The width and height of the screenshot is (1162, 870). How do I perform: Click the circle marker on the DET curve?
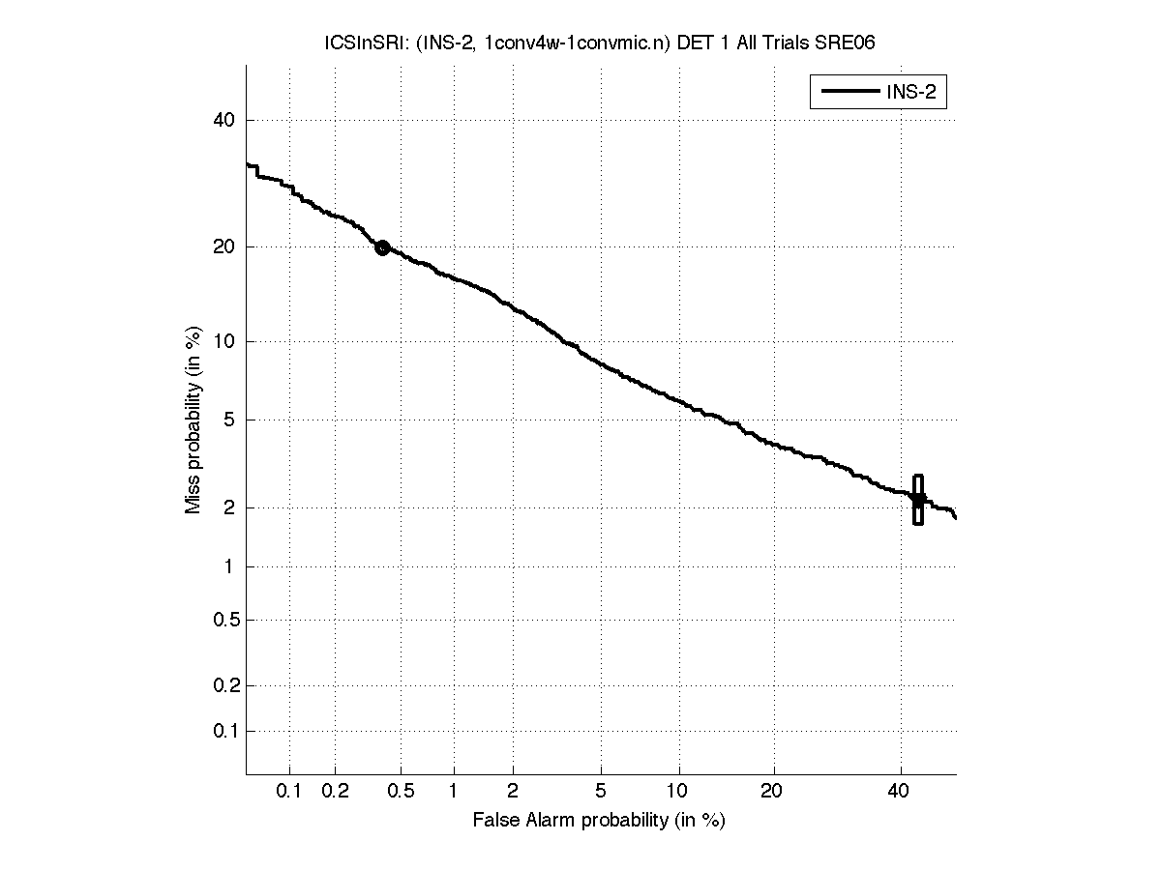click(x=382, y=247)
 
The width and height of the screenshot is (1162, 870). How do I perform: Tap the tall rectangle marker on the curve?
click(x=918, y=500)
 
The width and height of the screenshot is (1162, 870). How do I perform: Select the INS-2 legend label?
click(x=915, y=92)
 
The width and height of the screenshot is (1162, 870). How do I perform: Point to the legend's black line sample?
click(x=849, y=92)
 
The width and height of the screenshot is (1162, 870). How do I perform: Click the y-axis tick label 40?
click(x=224, y=121)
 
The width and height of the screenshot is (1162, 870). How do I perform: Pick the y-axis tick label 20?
click(x=224, y=247)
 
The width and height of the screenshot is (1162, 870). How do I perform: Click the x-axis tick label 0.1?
click(x=289, y=792)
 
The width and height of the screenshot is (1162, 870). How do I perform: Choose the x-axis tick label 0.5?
click(x=401, y=792)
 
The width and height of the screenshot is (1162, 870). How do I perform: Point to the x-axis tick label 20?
click(x=772, y=792)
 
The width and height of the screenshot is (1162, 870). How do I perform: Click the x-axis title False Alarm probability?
click(x=599, y=821)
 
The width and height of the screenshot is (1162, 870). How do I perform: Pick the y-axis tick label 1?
click(x=230, y=567)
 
